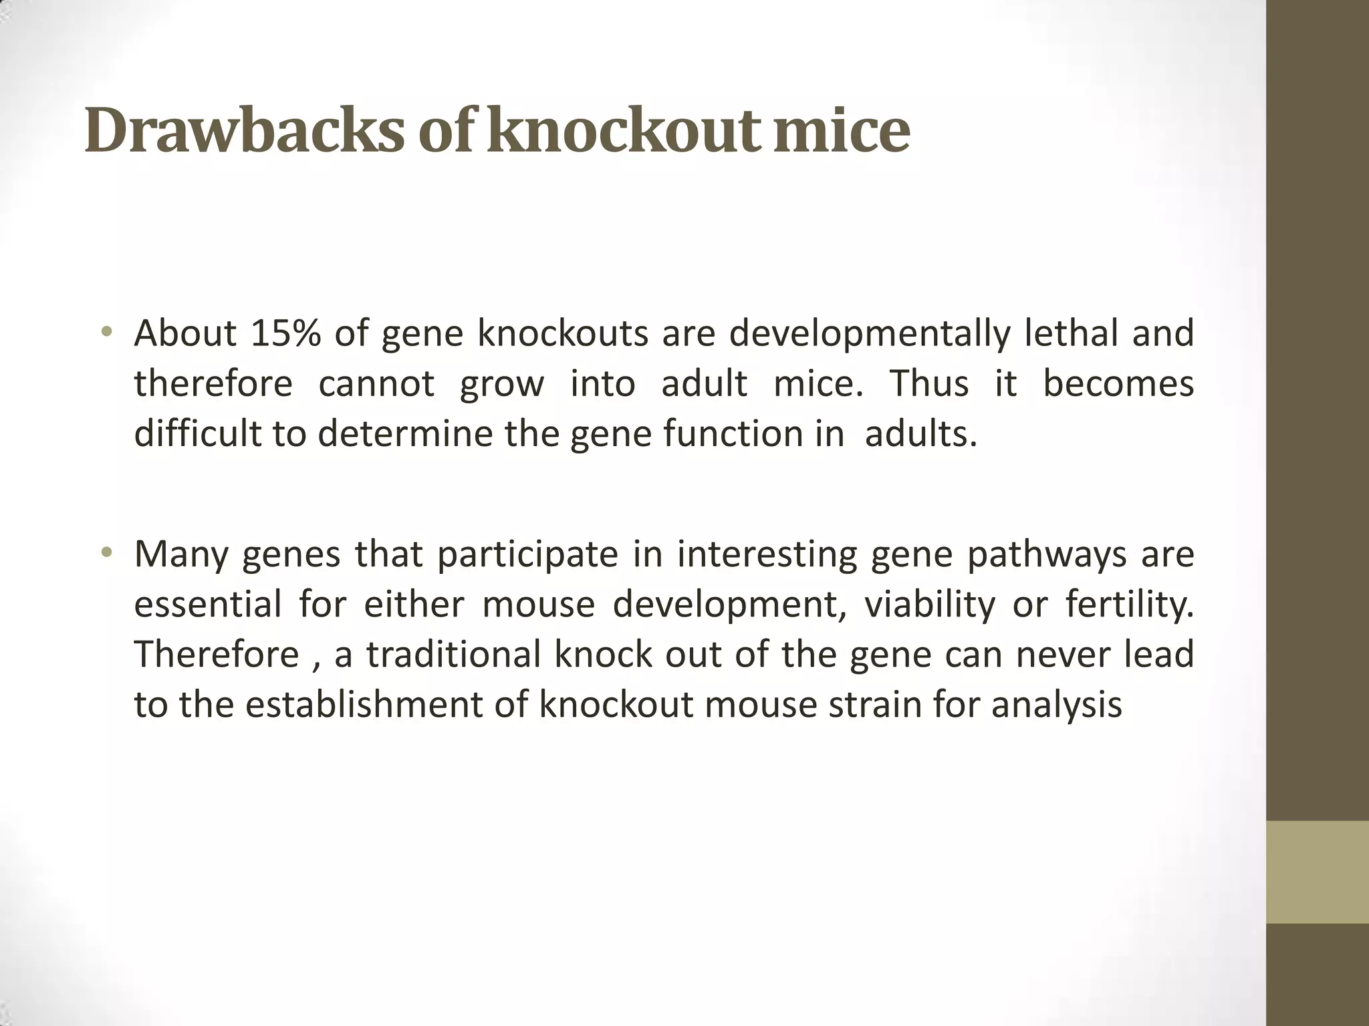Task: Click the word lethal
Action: [1072, 333]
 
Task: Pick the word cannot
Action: [376, 384]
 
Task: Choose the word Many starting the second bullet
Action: [180, 555]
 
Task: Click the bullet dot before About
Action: [106, 333]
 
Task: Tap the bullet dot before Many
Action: [106, 554]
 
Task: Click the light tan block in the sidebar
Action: [1317, 872]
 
